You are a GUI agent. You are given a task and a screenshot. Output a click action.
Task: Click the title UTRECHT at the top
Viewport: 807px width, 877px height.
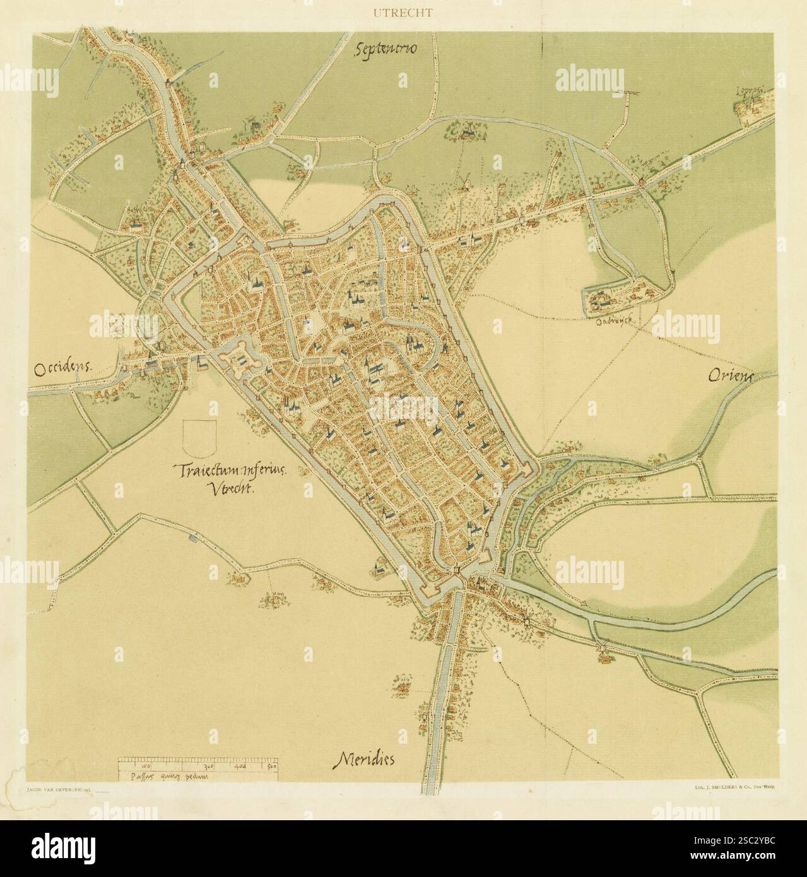tap(403, 10)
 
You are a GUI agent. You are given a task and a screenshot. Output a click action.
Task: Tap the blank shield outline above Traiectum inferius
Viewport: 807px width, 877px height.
tap(198, 438)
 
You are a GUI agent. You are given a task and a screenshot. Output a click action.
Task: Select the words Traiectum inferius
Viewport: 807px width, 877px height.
tap(230, 470)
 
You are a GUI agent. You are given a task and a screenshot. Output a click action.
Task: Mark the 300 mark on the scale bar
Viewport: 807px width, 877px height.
tap(208, 766)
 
